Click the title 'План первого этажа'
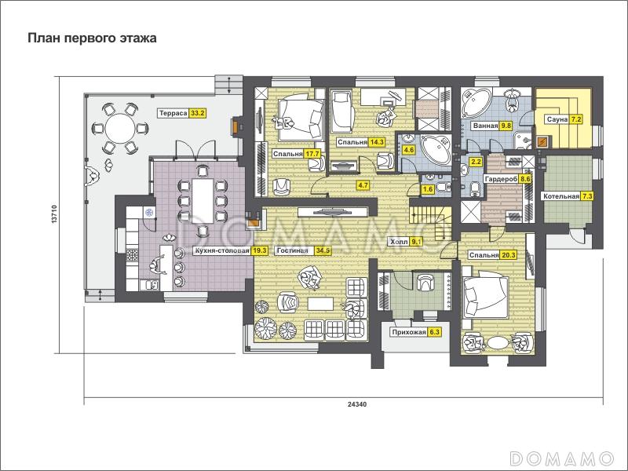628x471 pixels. [x=92, y=38]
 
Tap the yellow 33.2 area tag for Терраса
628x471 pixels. [x=198, y=113]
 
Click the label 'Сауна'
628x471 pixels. [x=557, y=119]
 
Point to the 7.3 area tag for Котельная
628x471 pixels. [x=586, y=196]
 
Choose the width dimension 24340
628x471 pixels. [x=356, y=404]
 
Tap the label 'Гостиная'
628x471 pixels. [x=292, y=250]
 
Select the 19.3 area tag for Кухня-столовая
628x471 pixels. [x=259, y=250]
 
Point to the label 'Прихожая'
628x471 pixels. [x=409, y=332]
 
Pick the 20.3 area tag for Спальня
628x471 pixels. [x=507, y=255]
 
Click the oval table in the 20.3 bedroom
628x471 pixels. [x=498, y=344]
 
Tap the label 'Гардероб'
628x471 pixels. [x=501, y=180]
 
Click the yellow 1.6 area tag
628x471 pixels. [x=428, y=189]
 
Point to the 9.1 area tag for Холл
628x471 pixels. [x=417, y=242]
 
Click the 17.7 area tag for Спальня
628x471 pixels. [x=312, y=154]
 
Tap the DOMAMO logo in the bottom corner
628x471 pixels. [x=561, y=458]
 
